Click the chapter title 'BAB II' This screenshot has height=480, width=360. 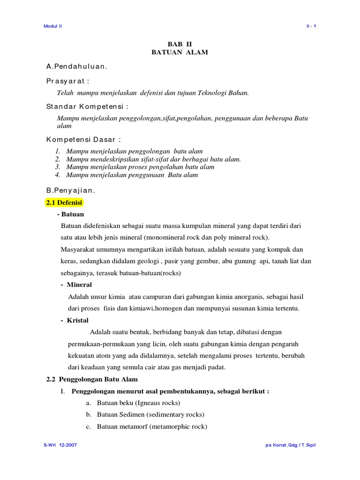(x=180, y=44)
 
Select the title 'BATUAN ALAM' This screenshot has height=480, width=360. (x=180, y=52)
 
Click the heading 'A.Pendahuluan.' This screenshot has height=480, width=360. (x=76, y=67)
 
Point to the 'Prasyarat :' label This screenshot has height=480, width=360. (x=67, y=81)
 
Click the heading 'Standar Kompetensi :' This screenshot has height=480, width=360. (x=87, y=106)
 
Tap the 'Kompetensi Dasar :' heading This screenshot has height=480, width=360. (x=83, y=140)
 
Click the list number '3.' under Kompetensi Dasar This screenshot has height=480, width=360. (x=58, y=167)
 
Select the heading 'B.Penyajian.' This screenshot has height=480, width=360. (x=70, y=190)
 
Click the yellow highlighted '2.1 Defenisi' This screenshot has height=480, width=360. (x=64, y=202)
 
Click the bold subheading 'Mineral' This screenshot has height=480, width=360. (x=79, y=285)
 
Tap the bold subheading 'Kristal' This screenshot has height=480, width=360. (x=77, y=320)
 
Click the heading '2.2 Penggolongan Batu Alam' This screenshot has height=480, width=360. (x=92, y=379)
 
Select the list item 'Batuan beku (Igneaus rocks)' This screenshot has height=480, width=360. (x=138, y=403)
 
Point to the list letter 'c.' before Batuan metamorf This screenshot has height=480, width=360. (x=88, y=427)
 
